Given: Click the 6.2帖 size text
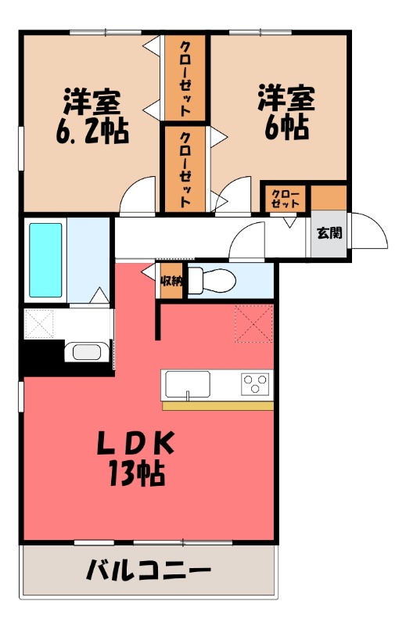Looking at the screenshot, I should pyautogui.click(x=92, y=127).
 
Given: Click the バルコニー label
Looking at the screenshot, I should pyautogui.click(x=148, y=569).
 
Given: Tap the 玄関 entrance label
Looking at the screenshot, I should pyautogui.click(x=327, y=232).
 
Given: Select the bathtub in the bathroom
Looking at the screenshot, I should pyautogui.click(x=45, y=260).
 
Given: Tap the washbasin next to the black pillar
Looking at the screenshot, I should pyautogui.click(x=88, y=351).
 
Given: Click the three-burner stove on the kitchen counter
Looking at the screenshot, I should pyautogui.click(x=255, y=384).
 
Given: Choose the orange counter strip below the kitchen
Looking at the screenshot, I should pyautogui.click(x=217, y=405).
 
